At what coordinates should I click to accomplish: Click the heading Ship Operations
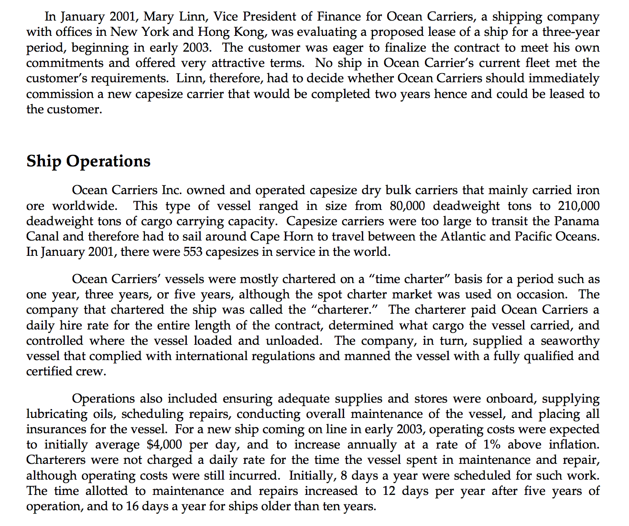(88, 161)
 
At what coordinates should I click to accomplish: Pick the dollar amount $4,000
(164, 444)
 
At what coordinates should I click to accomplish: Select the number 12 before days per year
(388, 491)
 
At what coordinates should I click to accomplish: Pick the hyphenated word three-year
(570, 32)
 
